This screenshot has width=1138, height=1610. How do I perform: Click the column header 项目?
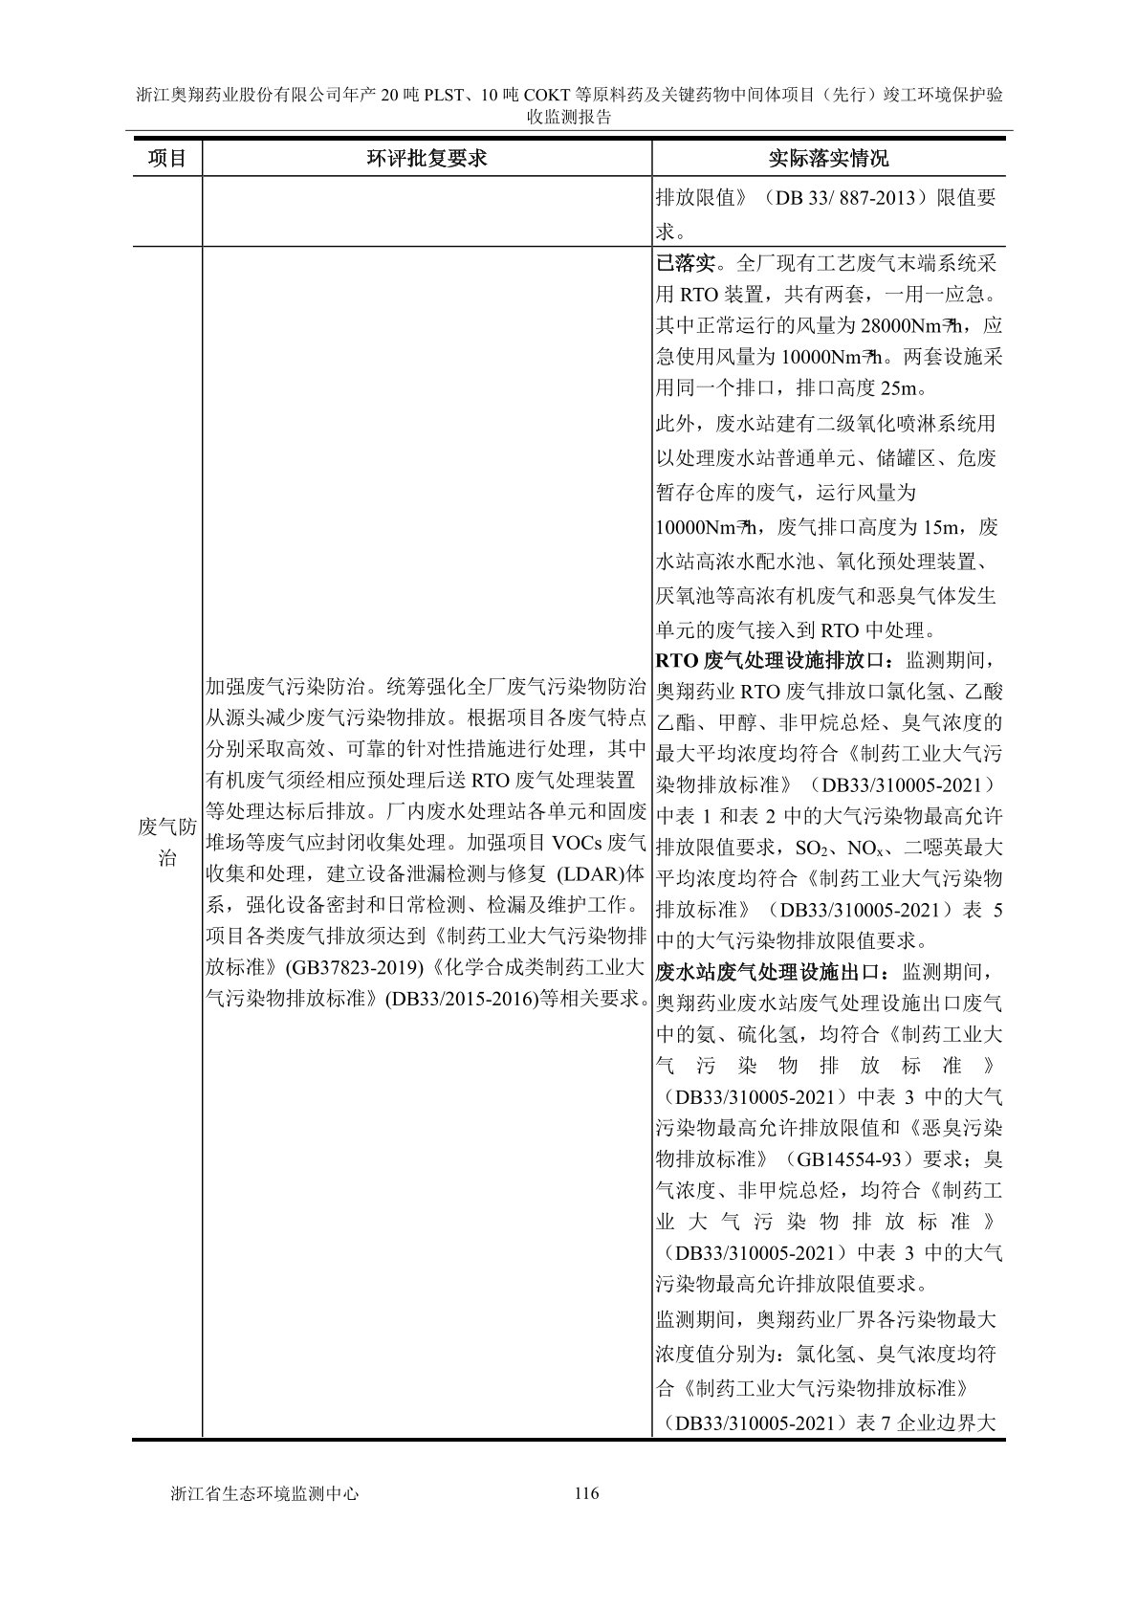[166, 158]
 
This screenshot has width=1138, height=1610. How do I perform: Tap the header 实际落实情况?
[828, 158]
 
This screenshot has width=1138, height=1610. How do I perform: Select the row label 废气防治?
[166, 842]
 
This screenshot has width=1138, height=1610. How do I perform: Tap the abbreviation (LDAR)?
[588, 873]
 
